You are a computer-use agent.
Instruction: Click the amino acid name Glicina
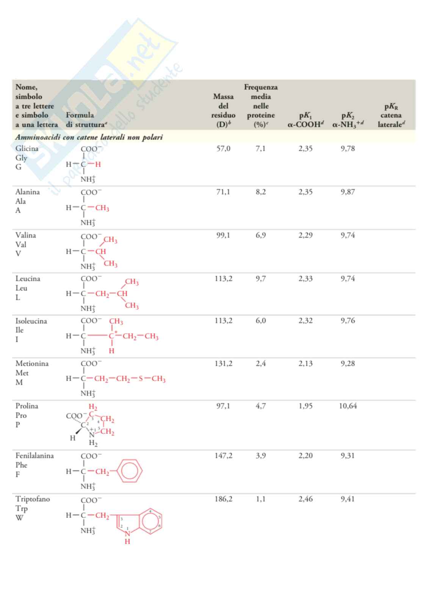coord(27,149)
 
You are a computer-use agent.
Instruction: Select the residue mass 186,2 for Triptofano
coord(223,499)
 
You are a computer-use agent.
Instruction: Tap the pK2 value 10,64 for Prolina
coord(348,406)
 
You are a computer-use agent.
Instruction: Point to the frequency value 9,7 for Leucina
coord(260,279)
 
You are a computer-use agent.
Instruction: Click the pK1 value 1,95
coord(305,406)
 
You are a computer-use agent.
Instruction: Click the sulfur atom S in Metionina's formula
coord(141,379)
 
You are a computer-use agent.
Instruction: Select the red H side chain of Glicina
coord(98,164)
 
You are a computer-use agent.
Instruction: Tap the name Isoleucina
coord(31,321)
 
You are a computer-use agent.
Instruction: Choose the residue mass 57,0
coord(223,149)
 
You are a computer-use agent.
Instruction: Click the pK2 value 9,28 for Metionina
coord(348,364)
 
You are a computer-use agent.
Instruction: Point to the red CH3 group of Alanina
coord(102,208)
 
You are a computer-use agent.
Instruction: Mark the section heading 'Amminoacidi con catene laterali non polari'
coord(89,137)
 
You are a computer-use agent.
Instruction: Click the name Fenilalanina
coord(34,456)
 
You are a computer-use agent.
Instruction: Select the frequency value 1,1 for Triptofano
coord(260,499)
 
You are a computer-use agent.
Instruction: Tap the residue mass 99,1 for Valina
coord(223,236)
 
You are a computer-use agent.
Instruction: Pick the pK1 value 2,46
coord(305,499)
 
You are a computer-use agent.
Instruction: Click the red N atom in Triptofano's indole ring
coord(128,533)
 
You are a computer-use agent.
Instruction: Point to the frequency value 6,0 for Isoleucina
coord(260,321)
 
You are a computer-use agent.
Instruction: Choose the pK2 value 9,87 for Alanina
coord(348,192)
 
